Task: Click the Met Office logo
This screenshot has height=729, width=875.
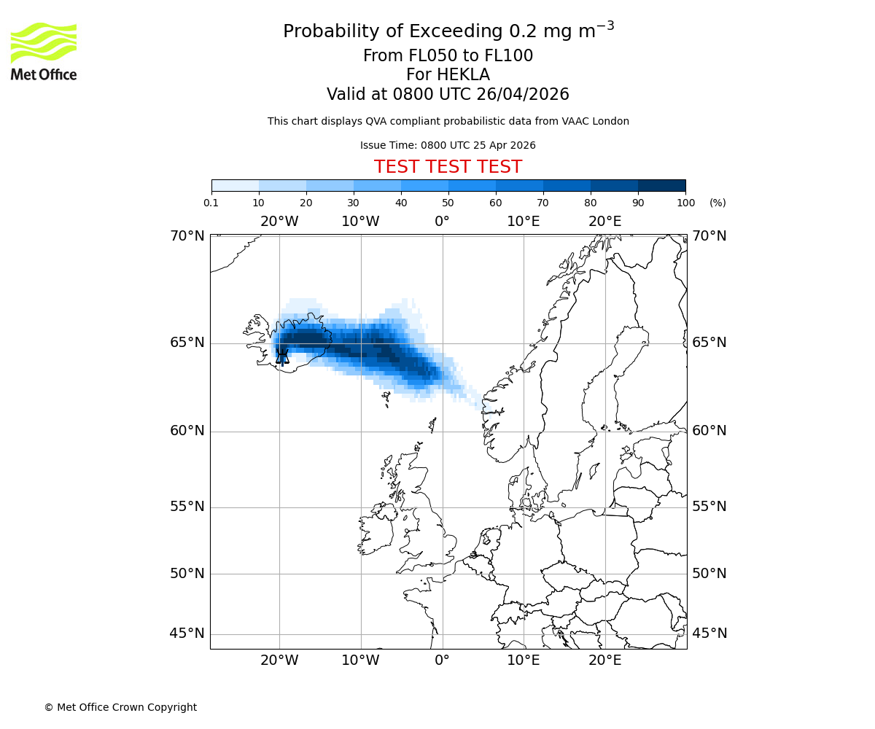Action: pos(44,51)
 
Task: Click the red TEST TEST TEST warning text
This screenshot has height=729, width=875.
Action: pos(448,167)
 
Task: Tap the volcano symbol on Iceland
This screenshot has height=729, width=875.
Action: pos(282,356)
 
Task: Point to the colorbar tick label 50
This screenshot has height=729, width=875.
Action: pos(448,203)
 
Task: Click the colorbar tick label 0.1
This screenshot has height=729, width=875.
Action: pos(211,203)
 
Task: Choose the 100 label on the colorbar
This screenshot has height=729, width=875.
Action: pos(685,203)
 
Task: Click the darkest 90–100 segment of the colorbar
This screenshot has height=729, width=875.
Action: pos(661,185)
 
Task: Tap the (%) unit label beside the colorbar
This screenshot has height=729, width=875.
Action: pos(717,203)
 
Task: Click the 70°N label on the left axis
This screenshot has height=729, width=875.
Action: pos(187,236)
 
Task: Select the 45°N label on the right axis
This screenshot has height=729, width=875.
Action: pos(709,634)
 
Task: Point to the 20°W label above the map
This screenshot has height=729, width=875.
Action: pos(279,222)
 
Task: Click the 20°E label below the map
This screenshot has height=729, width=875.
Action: pos(605,660)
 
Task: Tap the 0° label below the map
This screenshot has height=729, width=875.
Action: pos(442,660)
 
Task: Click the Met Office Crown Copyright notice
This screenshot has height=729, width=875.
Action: pos(120,707)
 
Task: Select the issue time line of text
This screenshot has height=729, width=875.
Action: pos(448,145)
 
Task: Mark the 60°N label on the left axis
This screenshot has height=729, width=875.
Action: pos(187,431)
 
